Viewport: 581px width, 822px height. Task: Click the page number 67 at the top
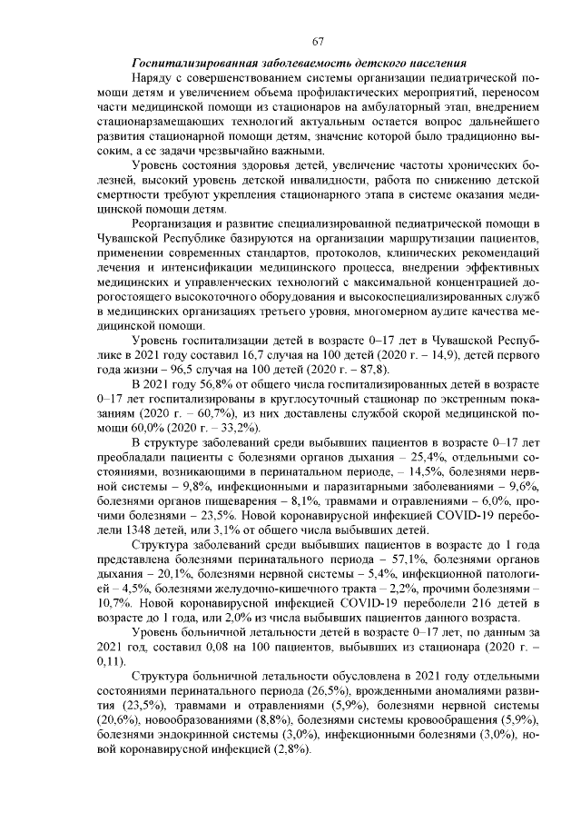(318, 41)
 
